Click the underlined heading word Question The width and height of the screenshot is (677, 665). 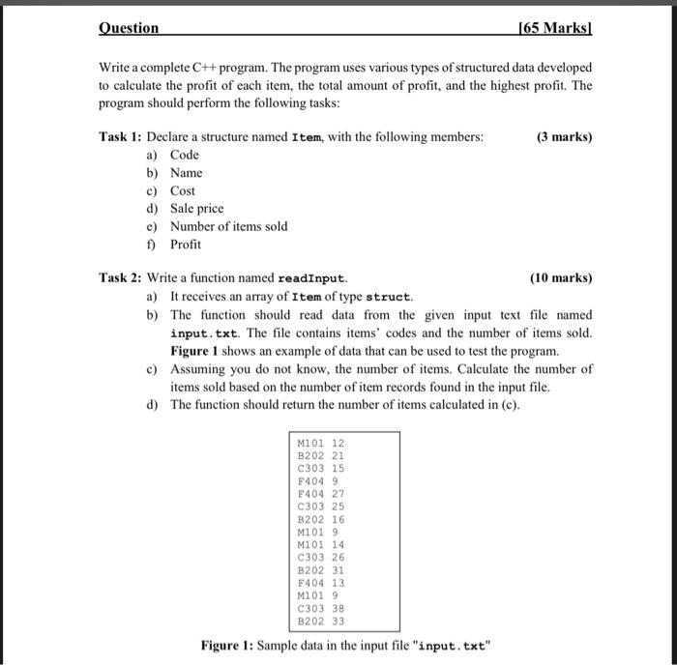[x=130, y=29]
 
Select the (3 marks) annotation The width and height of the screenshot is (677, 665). [x=563, y=137]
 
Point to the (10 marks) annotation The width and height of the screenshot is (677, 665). [x=561, y=278]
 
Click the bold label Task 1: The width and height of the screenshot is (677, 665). [x=121, y=137]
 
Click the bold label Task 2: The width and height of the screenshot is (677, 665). [x=121, y=278]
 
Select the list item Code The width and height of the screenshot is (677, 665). [x=184, y=155]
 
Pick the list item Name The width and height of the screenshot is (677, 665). [x=186, y=173]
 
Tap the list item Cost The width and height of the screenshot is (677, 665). [x=182, y=191]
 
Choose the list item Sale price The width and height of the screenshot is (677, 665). [x=196, y=209]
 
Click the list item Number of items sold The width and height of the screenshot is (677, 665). [x=228, y=226]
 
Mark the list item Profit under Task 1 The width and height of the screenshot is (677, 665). [x=185, y=245]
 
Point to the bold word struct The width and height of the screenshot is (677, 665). [x=389, y=297]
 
